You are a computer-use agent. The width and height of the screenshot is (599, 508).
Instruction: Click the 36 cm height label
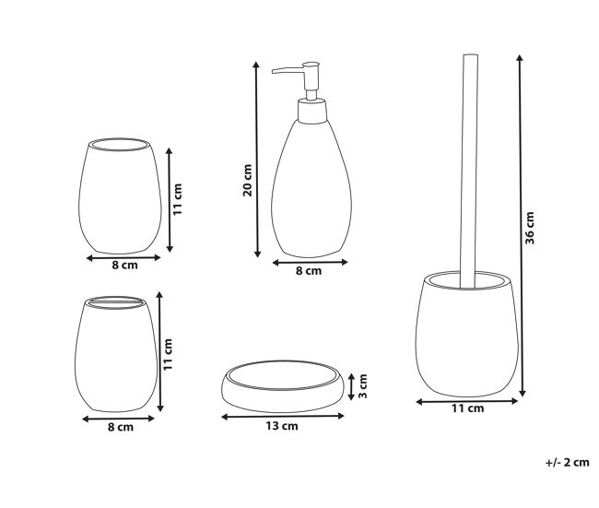point(530,228)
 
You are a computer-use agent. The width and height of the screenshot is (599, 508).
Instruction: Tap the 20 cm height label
point(248,180)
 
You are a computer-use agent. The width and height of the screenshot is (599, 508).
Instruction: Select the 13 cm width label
point(282,426)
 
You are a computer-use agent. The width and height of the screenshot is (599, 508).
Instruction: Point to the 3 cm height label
point(363,386)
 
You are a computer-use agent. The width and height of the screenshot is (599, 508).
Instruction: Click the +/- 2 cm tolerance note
point(568,462)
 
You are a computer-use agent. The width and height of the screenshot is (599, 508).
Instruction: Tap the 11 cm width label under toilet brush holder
point(468,408)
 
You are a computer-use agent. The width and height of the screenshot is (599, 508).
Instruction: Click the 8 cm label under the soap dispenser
point(309,271)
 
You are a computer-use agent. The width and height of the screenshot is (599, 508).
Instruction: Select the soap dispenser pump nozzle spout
point(288,70)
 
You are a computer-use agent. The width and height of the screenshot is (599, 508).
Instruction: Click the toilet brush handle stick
point(469,171)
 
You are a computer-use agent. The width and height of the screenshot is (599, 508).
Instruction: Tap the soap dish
point(282,385)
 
